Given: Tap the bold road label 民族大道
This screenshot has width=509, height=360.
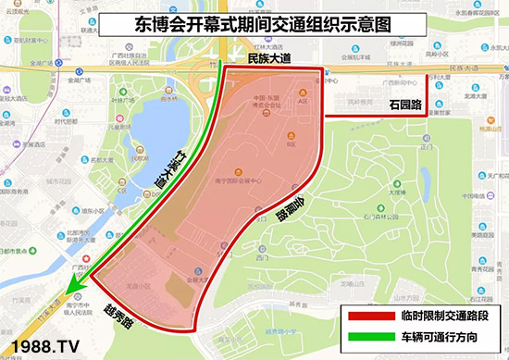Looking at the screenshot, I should point(269,58).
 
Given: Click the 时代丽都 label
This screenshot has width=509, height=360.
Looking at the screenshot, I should point(65,121).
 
